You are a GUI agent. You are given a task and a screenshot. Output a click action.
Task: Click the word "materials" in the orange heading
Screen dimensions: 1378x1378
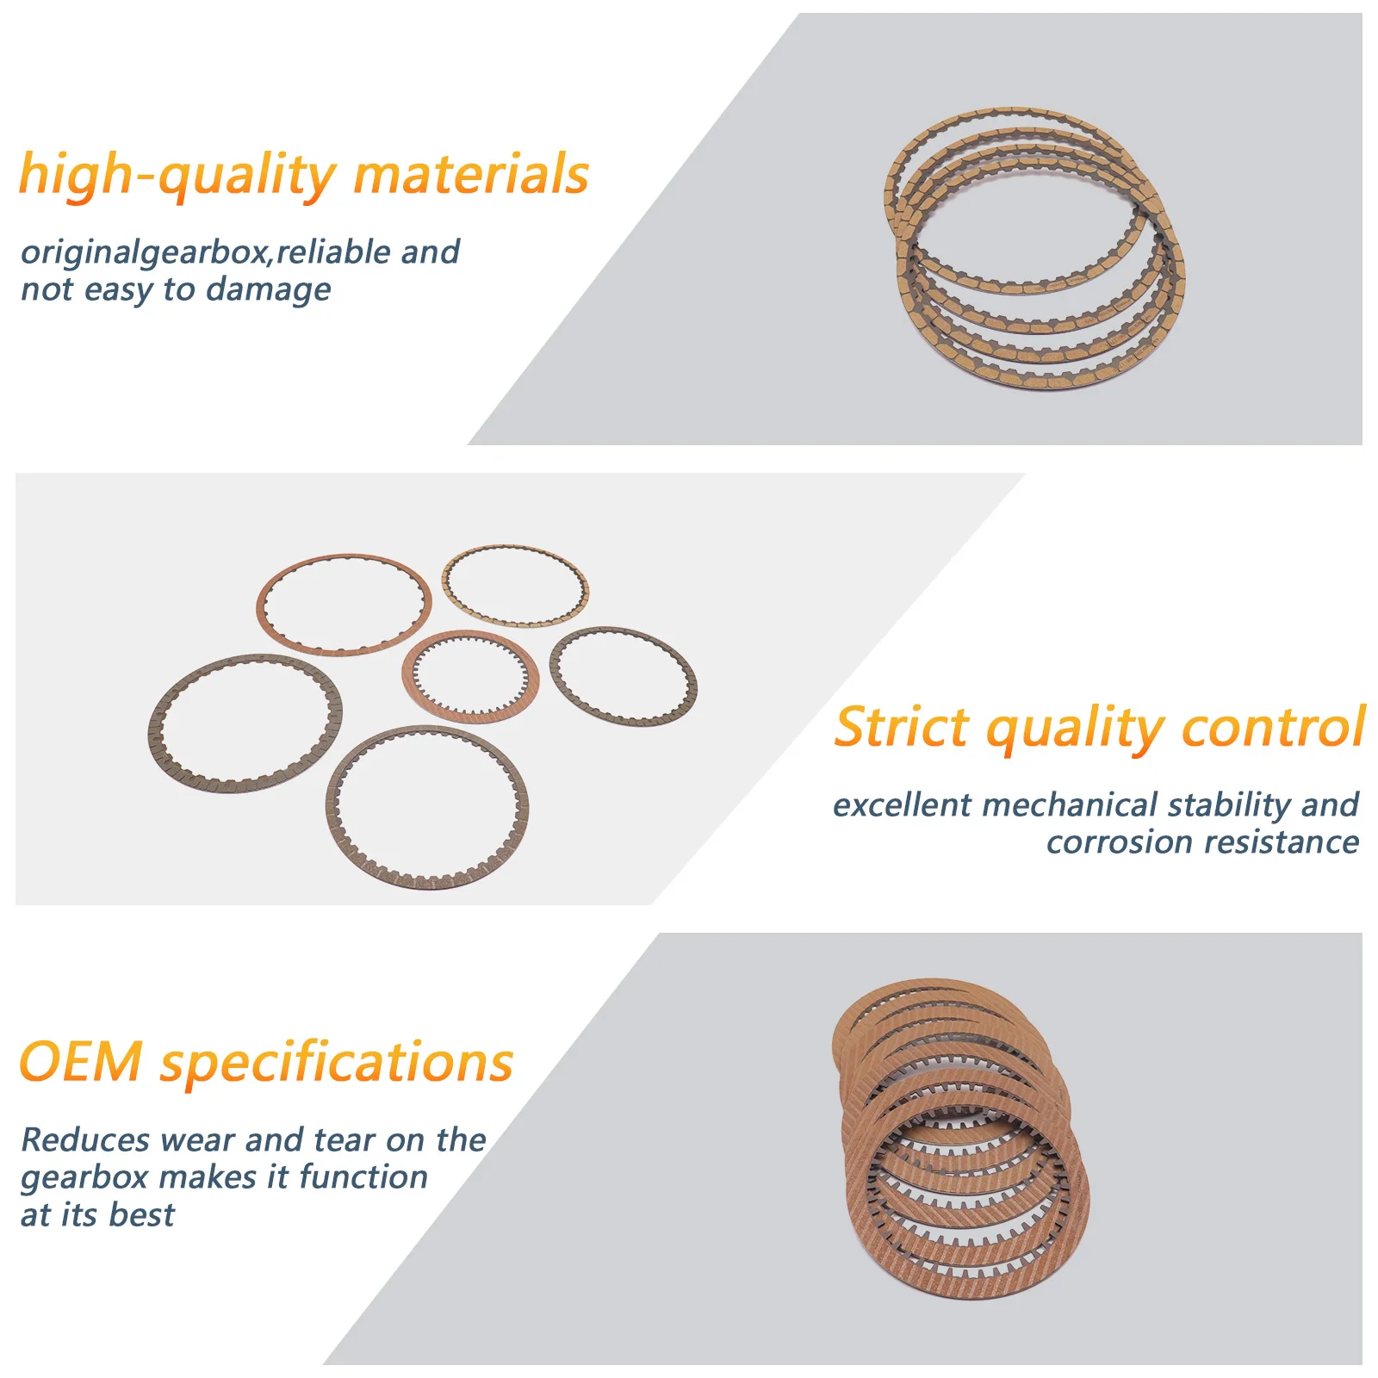coord(471,174)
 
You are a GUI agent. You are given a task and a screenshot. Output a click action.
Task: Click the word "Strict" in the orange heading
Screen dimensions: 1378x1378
coord(902,727)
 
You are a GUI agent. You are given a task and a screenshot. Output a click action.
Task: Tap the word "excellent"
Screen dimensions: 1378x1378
coord(902,805)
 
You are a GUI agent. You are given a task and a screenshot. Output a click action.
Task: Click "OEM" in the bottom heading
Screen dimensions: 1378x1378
coord(81,1062)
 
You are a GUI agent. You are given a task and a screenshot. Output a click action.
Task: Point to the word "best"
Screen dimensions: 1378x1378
coord(142,1215)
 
